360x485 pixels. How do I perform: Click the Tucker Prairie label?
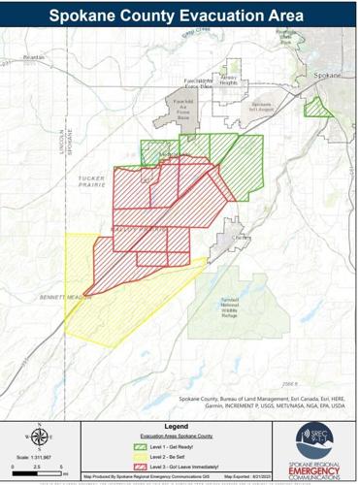point(93,182)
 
